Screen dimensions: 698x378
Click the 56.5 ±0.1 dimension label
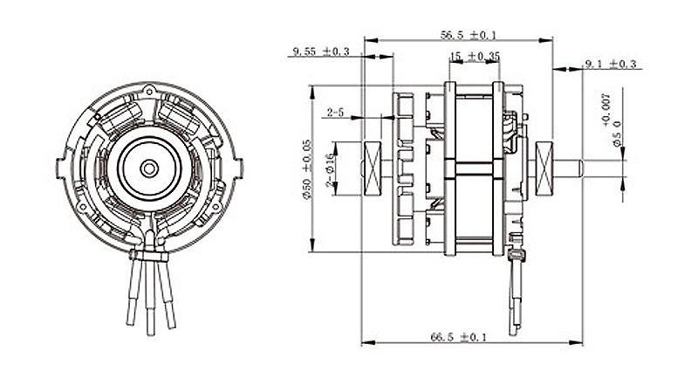pyautogui.click(x=469, y=35)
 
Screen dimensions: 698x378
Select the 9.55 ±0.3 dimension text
pyautogui.click(x=321, y=52)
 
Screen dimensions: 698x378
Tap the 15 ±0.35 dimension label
pyautogui.click(x=475, y=57)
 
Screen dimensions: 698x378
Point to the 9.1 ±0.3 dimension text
pyautogui.click(x=611, y=64)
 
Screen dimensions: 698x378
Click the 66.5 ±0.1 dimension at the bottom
pyautogui.click(x=459, y=337)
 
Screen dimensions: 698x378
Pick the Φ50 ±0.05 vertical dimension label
pyautogui.click(x=307, y=169)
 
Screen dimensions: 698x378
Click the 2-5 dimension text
pyautogui.click(x=335, y=113)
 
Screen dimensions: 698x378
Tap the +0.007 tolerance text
pyautogui.click(x=606, y=109)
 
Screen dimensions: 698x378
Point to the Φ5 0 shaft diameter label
pyautogui.click(x=617, y=134)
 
